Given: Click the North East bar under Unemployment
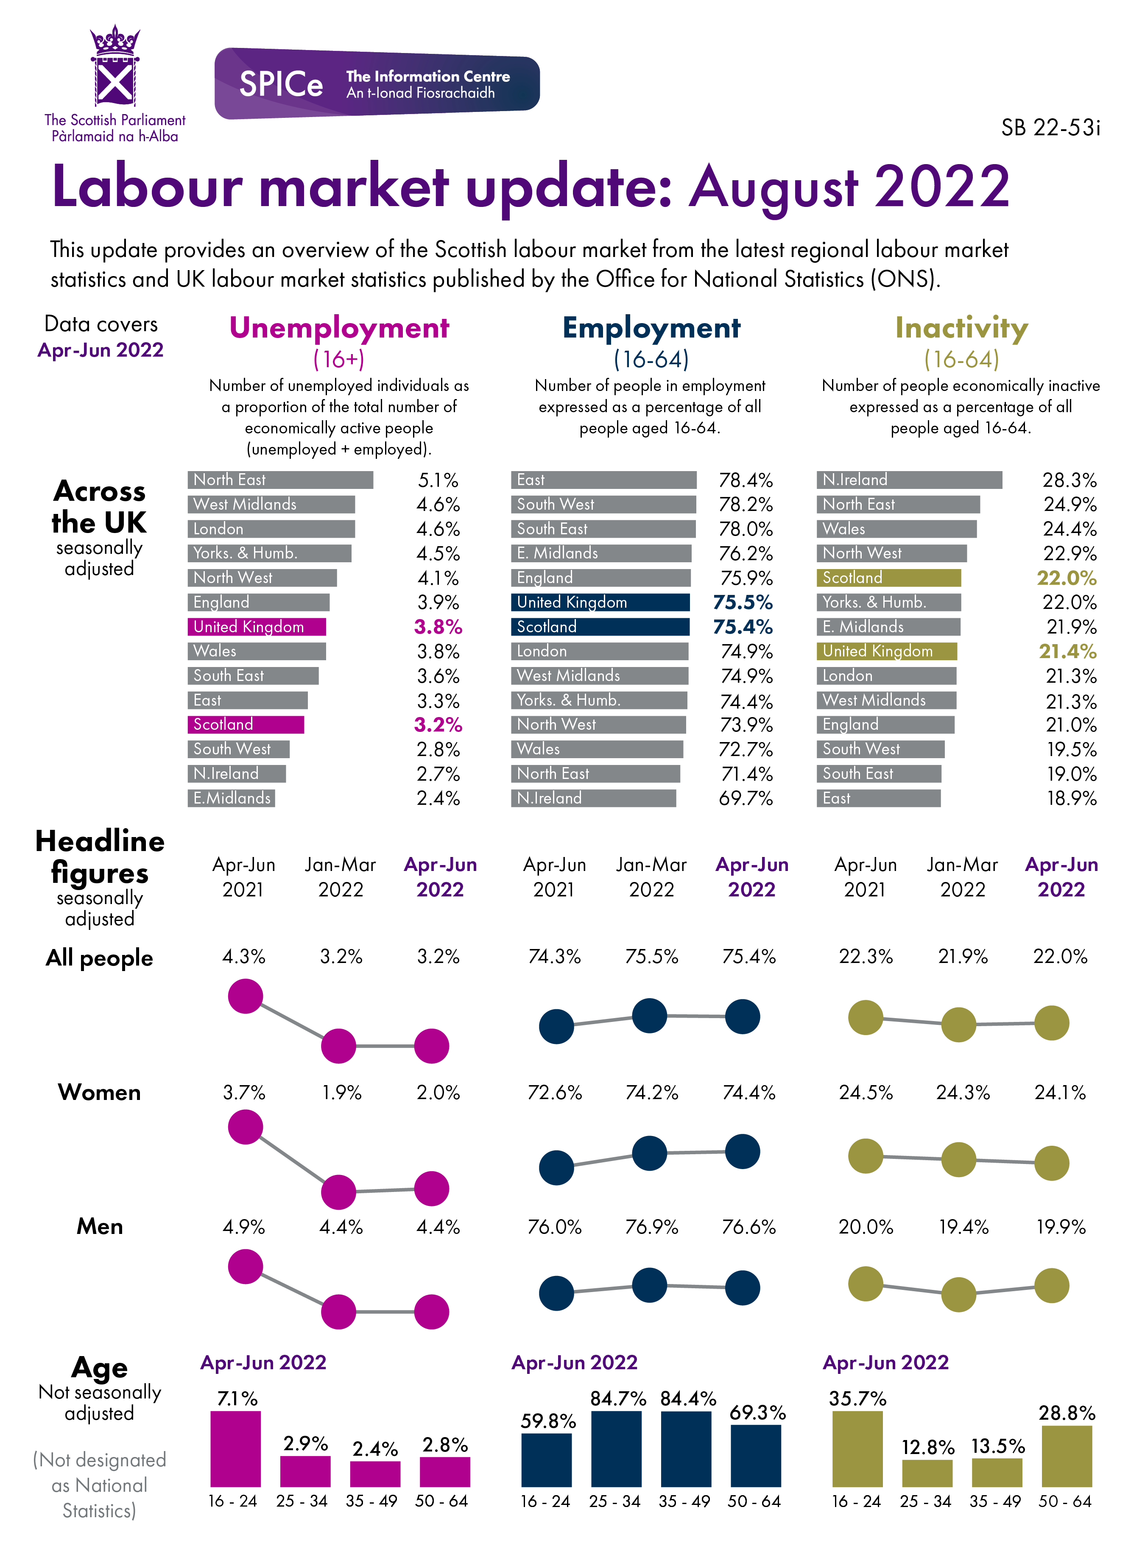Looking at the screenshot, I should (x=280, y=480).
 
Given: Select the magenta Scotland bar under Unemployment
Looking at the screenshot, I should (x=246, y=724).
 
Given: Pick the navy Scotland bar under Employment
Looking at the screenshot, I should (x=600, y=626).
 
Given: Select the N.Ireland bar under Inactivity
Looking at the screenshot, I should (x=908, y=480).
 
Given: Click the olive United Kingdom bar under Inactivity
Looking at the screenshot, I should (x=886, y=651).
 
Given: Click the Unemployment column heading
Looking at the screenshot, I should (x=339, y=328).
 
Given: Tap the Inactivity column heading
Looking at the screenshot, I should (x=961, y=328).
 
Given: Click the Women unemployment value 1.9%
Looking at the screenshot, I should (x=341, y=1092).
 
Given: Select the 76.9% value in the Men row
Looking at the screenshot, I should (x=651, y=1227).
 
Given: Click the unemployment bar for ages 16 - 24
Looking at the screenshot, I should (x=236, y=1448).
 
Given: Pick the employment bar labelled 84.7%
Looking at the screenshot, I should (x=616, y=1448).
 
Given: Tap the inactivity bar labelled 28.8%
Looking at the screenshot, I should (x=1066, y=1455).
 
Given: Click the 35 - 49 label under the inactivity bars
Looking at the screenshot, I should (x=995, y=1501).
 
